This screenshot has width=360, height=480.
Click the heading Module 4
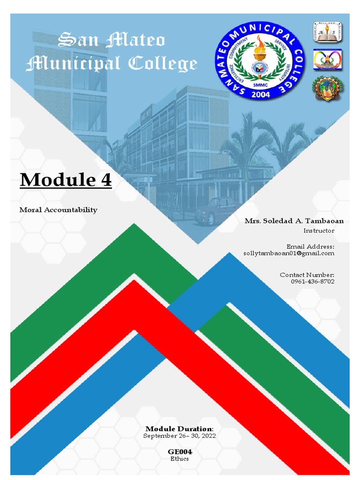pyautogui.click(x=66, y=180)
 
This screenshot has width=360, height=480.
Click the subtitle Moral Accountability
pyautogui.click(x=58, y=210)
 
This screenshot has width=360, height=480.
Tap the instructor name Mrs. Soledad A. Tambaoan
pyautogui.click(x=294, y=221)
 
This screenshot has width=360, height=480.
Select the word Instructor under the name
pyautogui.click(x=319, y=231)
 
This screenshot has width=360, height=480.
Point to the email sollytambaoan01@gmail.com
pyautogui.click(x=289, y=253)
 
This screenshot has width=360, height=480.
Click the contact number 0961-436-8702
pyautogui.click(x=313, y=281)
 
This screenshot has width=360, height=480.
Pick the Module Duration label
pyautogui.click(x=180, y=429)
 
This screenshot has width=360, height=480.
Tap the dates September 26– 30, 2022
pyautogui.click(x=180, y=436)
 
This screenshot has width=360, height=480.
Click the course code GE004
pyautogui.click(x=180, y=451)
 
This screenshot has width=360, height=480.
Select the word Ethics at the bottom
pyautogui.click(x=180, y=458)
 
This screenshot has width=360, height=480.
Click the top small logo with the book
pyautogui.click(x=327, y=32)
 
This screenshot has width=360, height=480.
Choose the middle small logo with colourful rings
pyautogui.click(x=327, y=59)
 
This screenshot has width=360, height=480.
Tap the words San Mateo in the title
pyautogui.click(x=111, y=41)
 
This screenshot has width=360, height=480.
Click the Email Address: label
pyautogui.click(x=310, y=247)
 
